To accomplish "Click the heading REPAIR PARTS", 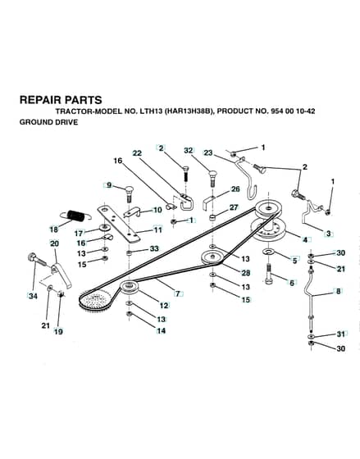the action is (x=61, y=100).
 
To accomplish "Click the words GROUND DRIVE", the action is (x=48, y=122).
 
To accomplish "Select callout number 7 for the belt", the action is (x=178, y=293).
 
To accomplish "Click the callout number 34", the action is (x=33, y=296).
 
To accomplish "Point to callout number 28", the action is (x=245, y=273).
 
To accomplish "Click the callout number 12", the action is (x=164, y=305).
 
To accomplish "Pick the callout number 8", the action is (x=339, y=291).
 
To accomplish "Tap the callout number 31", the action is (x=341, y=334).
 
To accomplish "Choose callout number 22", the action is (x=137, y=153).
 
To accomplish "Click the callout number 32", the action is (x=189, y=150).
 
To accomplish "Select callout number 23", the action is (x=208, y=152).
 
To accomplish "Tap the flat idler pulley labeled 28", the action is (x=212, y=257).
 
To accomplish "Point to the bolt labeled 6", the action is (x=269, y=274).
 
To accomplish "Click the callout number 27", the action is (x=234, y=207).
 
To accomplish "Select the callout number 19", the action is (x=58, y=332).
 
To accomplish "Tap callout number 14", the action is (x=161, y=331).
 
